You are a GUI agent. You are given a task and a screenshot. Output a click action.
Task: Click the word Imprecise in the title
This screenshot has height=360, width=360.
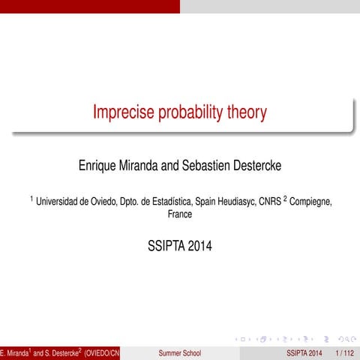(x=120, y=113)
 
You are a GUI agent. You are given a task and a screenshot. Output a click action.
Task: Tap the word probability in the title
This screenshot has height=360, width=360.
(x=187, y=113)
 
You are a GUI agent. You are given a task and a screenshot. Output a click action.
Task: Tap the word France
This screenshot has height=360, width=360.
(x=180, y=214)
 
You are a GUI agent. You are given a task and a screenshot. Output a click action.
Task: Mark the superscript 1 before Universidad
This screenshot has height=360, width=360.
(x=31, y=199)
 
